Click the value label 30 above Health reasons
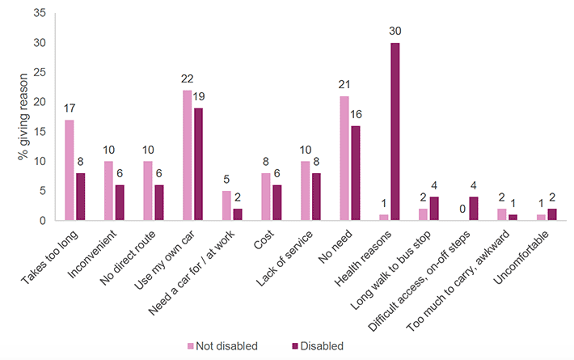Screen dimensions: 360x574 click(395, 32)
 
